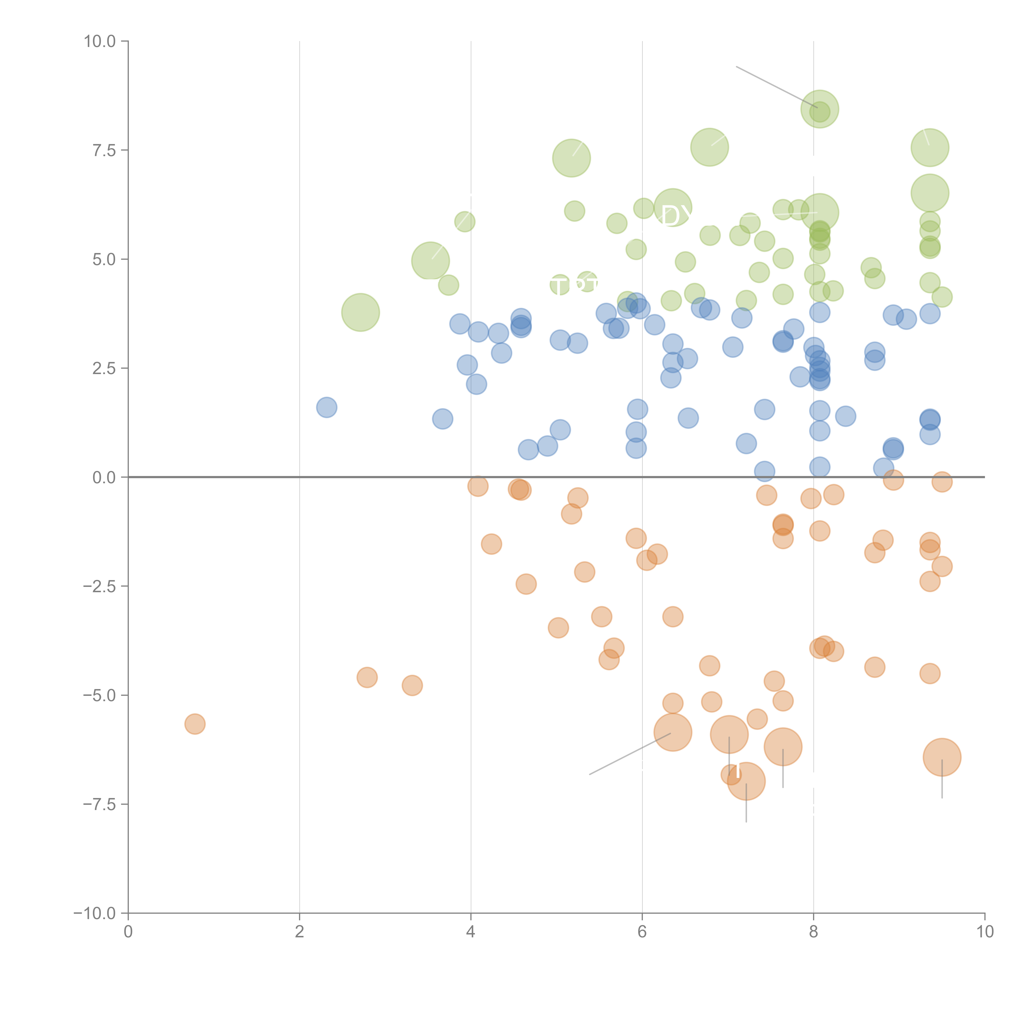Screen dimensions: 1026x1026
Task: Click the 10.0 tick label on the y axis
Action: [x=100, y=41]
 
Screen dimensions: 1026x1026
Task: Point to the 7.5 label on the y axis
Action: [x=104, y=150]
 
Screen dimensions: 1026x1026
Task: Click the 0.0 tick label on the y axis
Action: [x=104, y=478]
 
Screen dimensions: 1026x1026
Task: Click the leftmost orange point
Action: [x=195, y=724]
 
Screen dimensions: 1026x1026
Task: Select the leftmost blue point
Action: [x=327, y=407]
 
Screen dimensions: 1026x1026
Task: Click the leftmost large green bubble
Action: [x=361, y=312]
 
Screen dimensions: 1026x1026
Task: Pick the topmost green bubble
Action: [x=819, y=109]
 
